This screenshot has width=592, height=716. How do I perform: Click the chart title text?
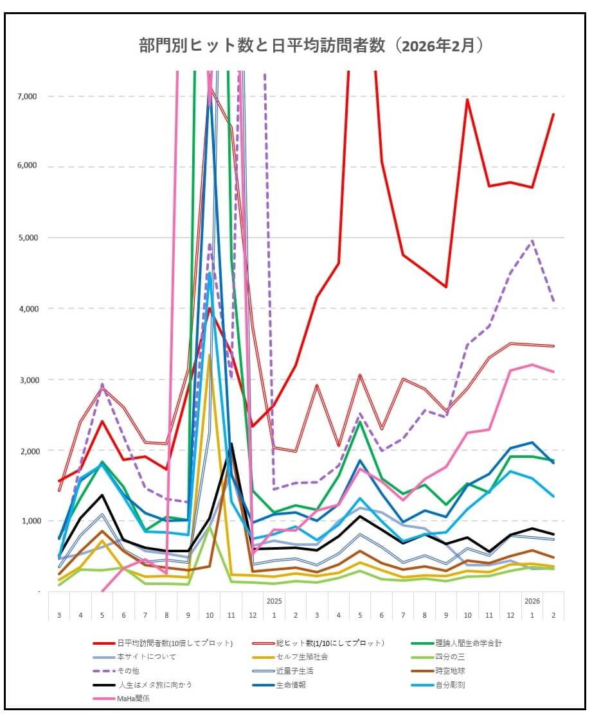click(x=311, y=46)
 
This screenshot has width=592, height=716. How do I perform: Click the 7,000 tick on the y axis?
click(x=29, y=96)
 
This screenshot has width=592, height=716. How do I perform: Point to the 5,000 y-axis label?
click(x=29, y=238)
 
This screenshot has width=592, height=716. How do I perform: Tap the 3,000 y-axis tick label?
click(x=29, y=380)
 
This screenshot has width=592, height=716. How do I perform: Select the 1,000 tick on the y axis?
click(x=29, y=521)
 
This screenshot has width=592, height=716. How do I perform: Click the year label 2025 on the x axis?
click(x=274, y=601)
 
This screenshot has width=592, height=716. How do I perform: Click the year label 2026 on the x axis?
click(x=532, y=601)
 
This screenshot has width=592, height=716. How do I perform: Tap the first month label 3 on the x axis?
click(x=59, y=615)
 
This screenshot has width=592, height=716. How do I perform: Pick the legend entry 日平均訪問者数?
click(x=174, y=643)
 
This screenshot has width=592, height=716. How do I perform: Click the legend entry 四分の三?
click(x=452, y=657)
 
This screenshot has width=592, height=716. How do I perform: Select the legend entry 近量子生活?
click(x=296, y=671)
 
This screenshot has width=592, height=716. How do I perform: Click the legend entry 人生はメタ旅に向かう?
click(x=154, y=685)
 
